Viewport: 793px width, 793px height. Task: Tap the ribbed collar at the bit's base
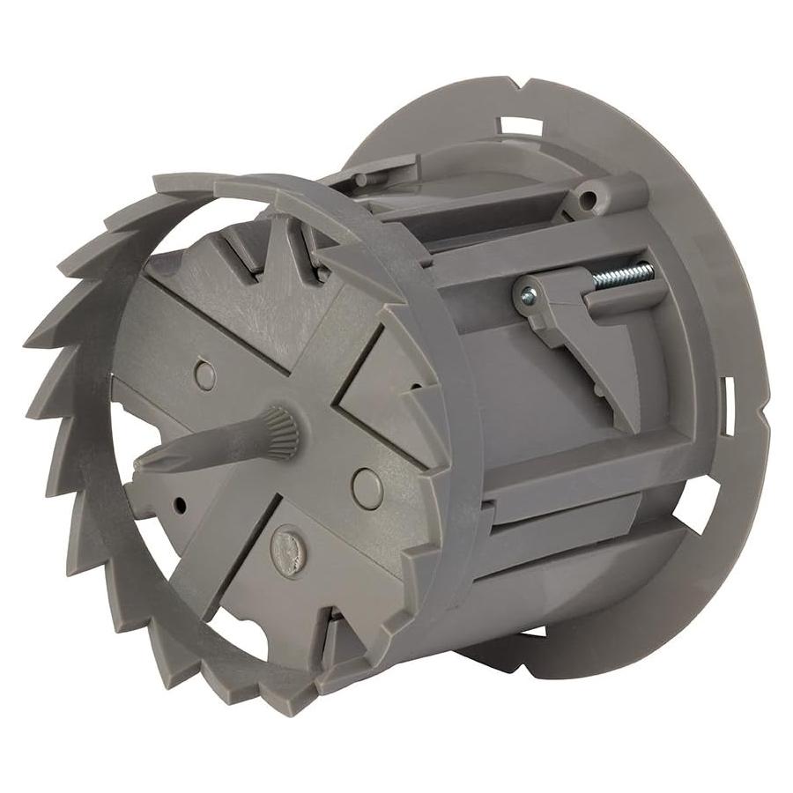(280, 428)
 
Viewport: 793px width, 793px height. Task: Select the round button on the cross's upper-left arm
(205, 375)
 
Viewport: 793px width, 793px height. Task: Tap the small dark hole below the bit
(180, 505)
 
